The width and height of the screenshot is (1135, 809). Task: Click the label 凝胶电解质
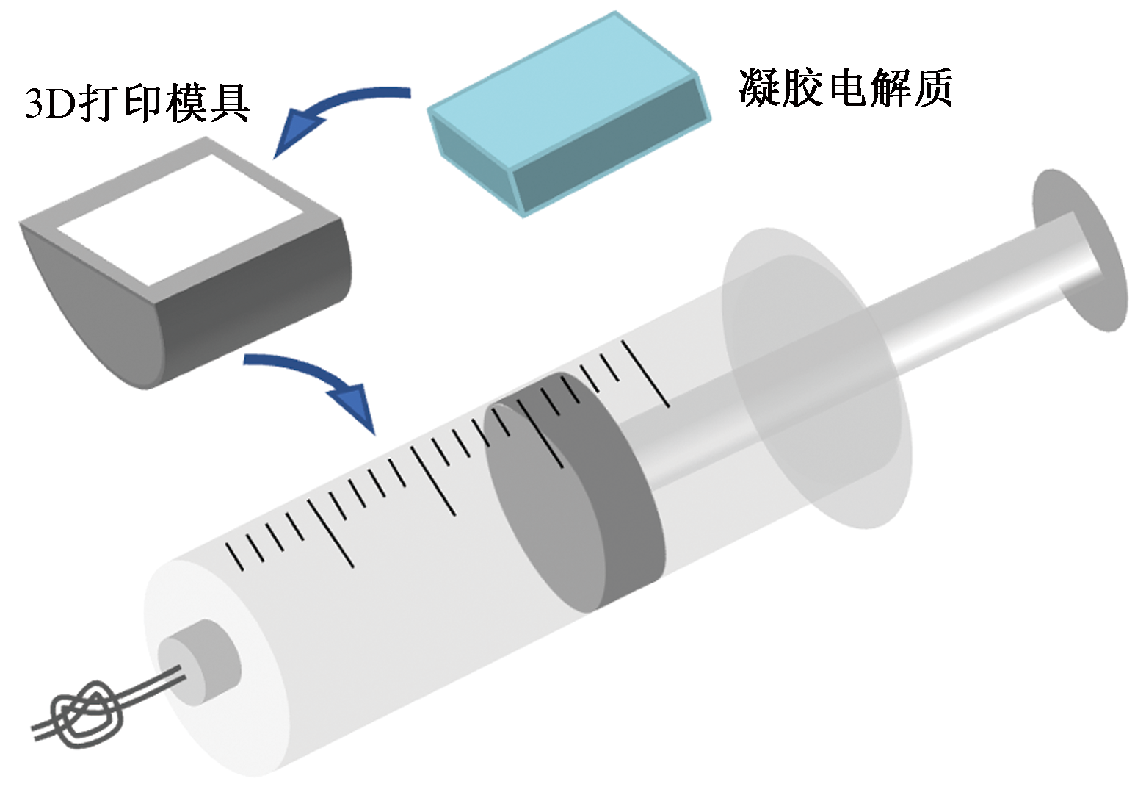(x=845, y=87)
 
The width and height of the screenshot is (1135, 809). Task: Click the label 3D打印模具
(x=137, y=103)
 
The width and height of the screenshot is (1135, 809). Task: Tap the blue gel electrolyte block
(x=568, y=115)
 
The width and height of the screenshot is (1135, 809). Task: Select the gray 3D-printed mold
(x=186, y=264)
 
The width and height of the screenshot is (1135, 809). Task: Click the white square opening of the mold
(x=181, y=220)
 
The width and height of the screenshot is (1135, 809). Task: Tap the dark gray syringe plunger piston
(x=574, y=493)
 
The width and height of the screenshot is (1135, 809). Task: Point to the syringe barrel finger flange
(x=816, y=378)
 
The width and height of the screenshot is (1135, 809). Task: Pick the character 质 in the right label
(x=931, y=87)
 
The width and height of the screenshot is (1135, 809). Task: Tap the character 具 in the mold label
(x=228, y=103)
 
